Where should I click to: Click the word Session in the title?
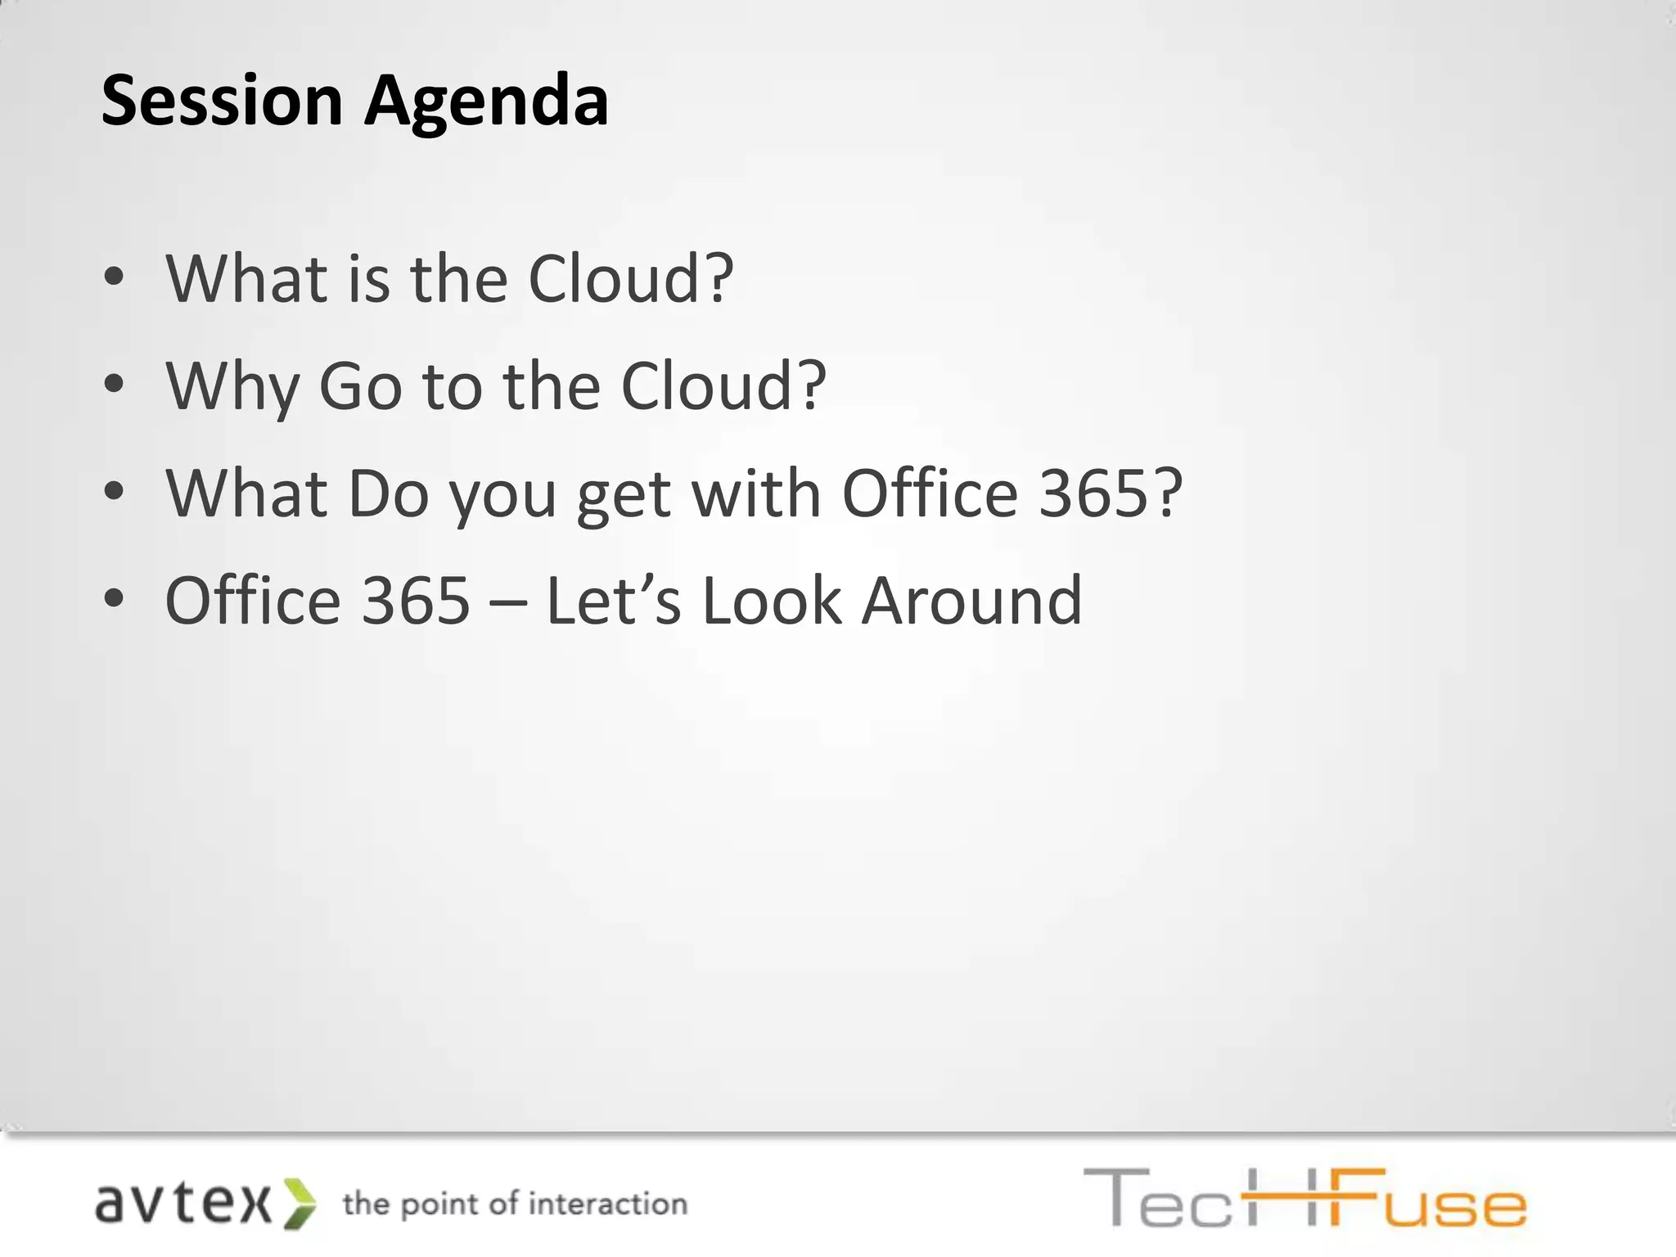(x=221, y=101)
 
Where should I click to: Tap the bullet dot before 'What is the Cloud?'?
(x=115, y=278)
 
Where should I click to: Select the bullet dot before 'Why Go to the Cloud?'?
(x=115, y=385)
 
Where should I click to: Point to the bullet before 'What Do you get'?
(x=115, y=493)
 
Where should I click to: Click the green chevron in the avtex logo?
(x=299, y=1204)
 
